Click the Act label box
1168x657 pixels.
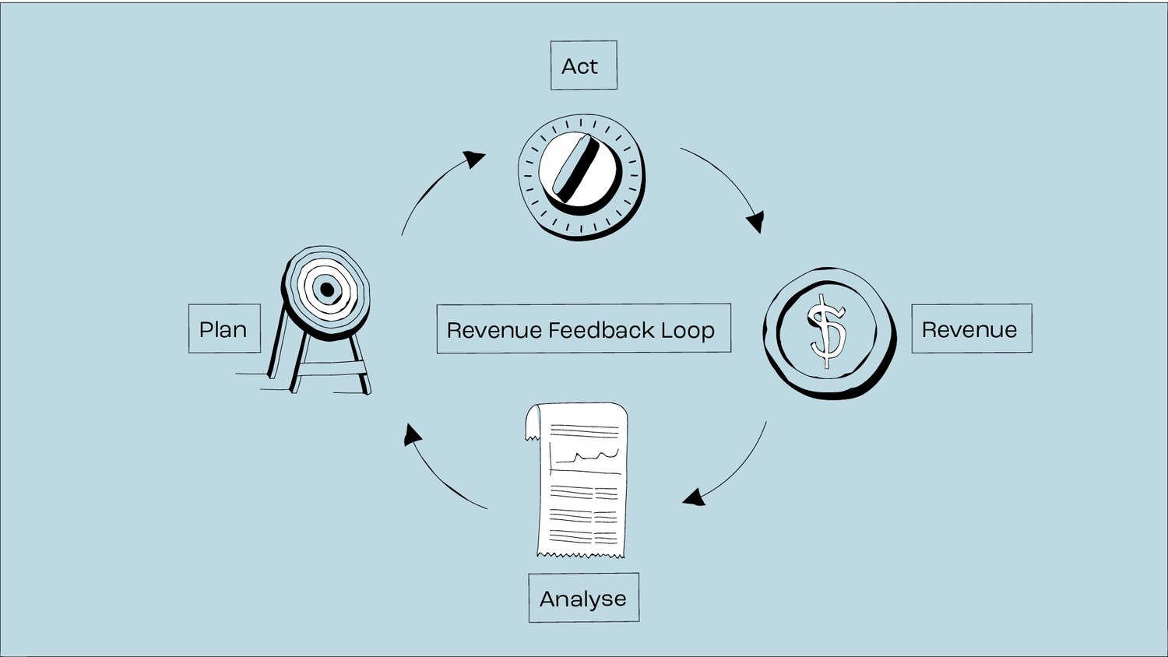(583, 65)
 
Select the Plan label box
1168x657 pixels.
(224, 328)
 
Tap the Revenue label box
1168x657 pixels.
(971, 328)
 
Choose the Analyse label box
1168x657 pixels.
(583, 598)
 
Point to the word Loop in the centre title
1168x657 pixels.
(688, 330)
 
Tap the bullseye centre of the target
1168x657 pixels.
(327, 290)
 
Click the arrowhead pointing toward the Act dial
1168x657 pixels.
(473, 159)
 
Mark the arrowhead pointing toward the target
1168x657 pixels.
(412, 434)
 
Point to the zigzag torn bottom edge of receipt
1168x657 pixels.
(580, 555)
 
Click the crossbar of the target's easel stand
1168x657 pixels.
(327, 368)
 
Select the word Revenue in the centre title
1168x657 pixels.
(494, 330)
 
